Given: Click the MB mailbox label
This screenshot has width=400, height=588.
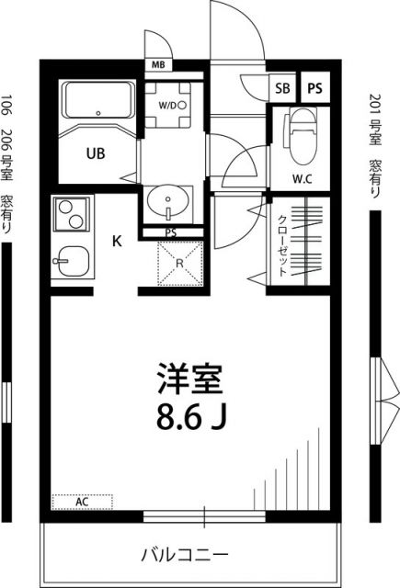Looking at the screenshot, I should [158, 66].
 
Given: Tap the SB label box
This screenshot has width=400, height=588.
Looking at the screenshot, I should [280, 88].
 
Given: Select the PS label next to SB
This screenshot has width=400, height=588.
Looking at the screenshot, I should [314, 88].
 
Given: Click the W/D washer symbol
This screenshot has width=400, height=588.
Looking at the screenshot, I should [172, 106].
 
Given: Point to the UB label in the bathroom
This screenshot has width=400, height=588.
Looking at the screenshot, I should [96, 153].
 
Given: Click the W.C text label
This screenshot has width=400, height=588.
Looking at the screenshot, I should [303, 178].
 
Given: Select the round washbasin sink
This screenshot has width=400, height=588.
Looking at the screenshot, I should [168, 198].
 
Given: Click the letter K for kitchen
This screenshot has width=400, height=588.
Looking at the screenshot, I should [117, 242].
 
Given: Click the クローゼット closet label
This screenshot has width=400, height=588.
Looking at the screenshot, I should [282, 243].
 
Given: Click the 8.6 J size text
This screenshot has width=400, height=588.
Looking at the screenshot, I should [191, 419].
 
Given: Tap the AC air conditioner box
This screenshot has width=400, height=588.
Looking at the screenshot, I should [82, 502].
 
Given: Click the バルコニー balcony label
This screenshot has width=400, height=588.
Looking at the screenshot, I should [184, 554].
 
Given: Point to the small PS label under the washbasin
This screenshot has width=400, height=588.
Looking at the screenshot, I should [170, 232].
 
